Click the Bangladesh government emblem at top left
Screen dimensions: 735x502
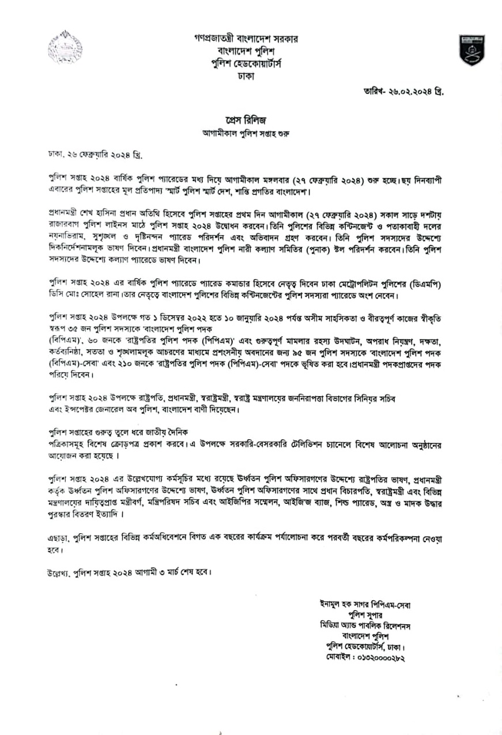tap(65, 47)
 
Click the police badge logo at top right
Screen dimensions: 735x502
tap(471, 50)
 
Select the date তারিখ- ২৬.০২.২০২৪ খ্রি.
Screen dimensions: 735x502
tap(403, 92)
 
